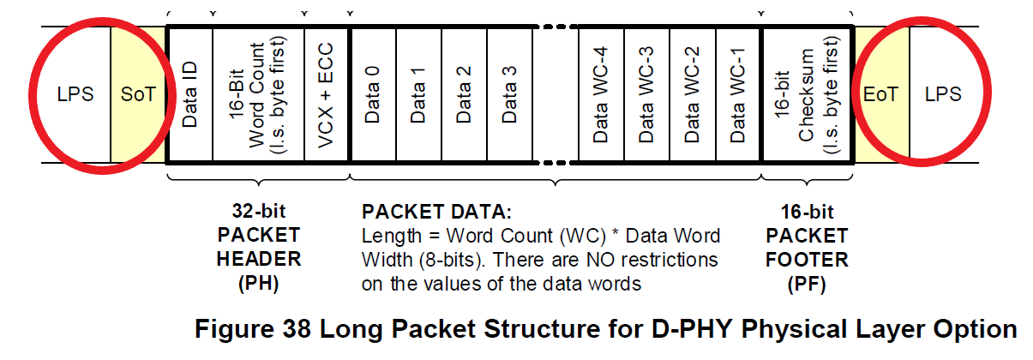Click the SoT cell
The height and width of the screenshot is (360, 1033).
(x=138, y=94)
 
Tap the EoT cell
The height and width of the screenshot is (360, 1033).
(x=881, y=94)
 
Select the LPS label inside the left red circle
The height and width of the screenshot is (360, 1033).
(x=75, y=94)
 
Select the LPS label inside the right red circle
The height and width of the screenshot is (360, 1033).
(x=943, y=94)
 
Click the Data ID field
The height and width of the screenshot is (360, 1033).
(x=189, y=94)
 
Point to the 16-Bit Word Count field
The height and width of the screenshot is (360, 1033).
(x=258, y=94)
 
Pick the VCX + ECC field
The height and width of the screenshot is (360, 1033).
(x=326, y=94)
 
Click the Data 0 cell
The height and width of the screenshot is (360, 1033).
(x=373, y=94)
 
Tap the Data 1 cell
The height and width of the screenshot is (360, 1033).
(x=418, y=94)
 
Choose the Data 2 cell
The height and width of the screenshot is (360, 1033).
(x=464, y=94)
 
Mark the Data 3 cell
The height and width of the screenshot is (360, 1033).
(x=509, y=94)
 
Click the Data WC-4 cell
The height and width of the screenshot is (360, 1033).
(x=601, y=94)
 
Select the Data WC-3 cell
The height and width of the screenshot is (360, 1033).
(x=646, y=94)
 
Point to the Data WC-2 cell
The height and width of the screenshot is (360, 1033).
(x=692, y=94)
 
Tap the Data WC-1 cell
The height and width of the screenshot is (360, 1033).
(x=738, y=94)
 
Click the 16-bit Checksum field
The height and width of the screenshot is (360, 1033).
(x=807, y=94)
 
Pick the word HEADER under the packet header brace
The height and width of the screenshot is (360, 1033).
(x=259, y=259)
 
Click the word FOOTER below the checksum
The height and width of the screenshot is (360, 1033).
(x=807, y=260)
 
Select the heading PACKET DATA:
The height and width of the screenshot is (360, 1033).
(x=436, y=212)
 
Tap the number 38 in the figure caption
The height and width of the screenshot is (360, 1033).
(x=297, y=330)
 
